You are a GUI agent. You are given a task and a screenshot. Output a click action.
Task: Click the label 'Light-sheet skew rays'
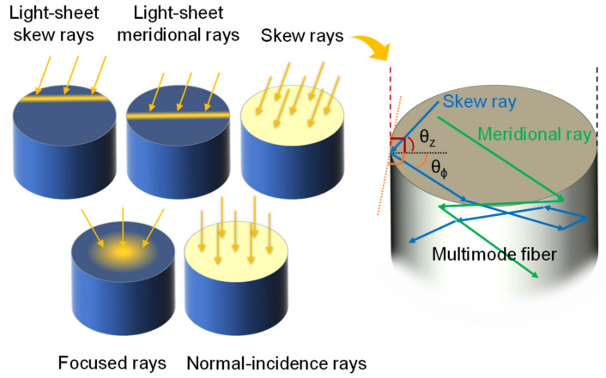pos(59,27)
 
